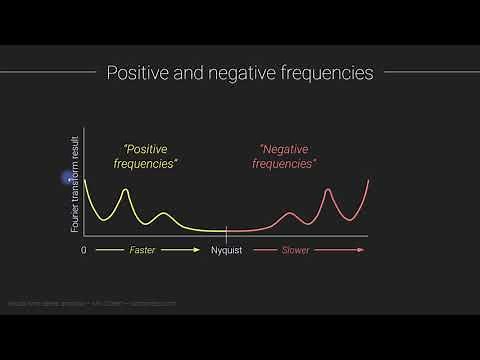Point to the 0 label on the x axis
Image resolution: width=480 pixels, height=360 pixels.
click(84, 250)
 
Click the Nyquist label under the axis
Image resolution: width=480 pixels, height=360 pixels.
click(227, 250)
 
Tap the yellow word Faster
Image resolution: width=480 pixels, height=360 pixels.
click(142, 250)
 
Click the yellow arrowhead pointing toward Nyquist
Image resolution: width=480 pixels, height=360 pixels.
click(199, 250)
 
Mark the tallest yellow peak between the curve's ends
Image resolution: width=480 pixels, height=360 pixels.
click(125, 190)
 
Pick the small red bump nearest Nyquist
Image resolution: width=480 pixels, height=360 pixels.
click(290, 214)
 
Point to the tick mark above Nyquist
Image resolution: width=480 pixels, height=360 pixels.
click(227, 234)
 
